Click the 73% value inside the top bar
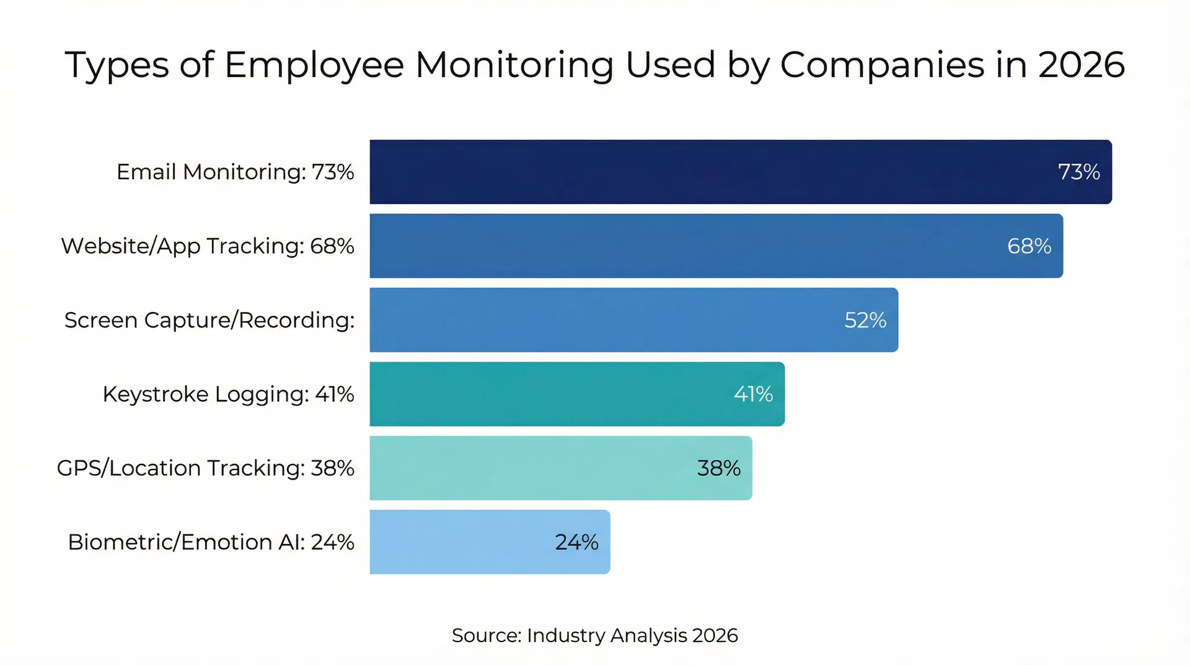coord(1078,172)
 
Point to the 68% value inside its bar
coord(1029,246)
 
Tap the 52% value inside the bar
coord(865,320)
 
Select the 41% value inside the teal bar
coord(753,394)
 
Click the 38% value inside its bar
coord(718,468)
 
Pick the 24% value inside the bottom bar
coord(576,542)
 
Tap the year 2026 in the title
coord(1081,65)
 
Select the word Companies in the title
coord(882,65)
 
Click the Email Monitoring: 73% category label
coord(236,172)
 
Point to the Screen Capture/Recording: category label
coord(209,320)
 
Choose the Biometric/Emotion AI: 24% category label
coord(211,542)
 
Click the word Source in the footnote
coord(487,635)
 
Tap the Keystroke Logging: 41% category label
coord(228,394)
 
